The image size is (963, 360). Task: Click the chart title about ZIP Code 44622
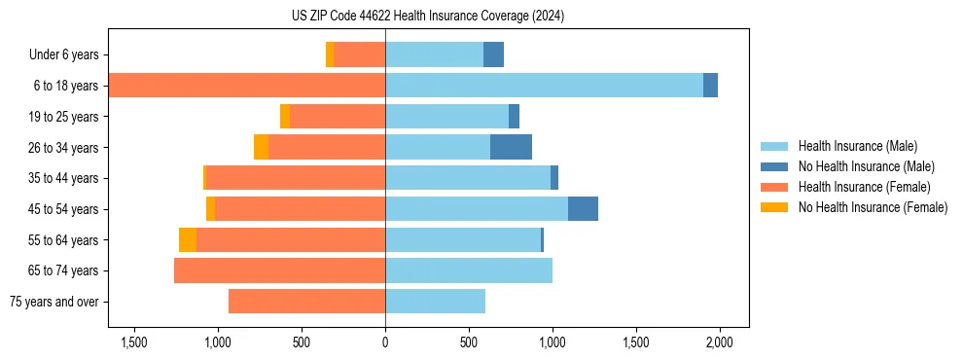pyautogui.click(x=427, y=17)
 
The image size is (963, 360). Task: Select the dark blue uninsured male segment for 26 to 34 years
pyautogui.click(x=511, y=147)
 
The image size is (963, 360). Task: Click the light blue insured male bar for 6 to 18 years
pyautogui.click(x=544, y=86)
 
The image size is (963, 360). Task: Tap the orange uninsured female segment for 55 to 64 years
pyautogui.click(x=188, y=240)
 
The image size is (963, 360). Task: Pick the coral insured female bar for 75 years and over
pyautogui.click(x=306, y=302)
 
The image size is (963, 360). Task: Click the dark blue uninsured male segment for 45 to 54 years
pyautogui.click(x=583, y=209)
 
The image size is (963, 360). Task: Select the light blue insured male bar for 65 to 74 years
pyautogui.click(x=469, y=270)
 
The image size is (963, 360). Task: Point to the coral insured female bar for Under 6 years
pyautogui.click(x=359, y=54)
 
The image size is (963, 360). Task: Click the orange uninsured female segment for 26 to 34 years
pyautogui.click(x=261, y=147)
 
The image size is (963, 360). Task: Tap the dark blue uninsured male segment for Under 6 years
pyautogui.click(x=493, y=54)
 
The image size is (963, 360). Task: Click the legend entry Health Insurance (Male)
pyautogui.click(x=857, y=146)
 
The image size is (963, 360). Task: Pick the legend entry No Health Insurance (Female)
pyautogui.click(x=873, y=207)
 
